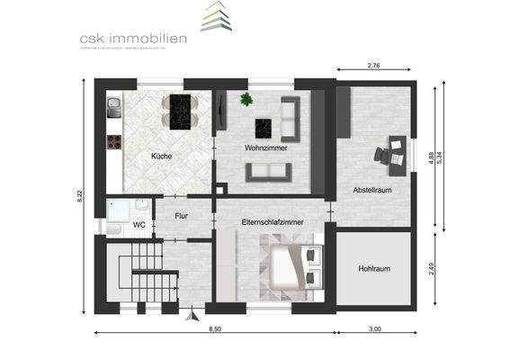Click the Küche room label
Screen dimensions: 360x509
pos(162,157)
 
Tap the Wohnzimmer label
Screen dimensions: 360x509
pos(266,148)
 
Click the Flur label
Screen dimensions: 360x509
pos(181,216)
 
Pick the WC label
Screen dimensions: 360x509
pos(139,224)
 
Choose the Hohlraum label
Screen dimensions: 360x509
pos(374,268)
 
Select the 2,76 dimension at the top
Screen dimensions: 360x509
pos(375,65)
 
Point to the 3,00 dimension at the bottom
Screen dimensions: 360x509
pos(374,329)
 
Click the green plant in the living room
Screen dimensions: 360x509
pos(246,100)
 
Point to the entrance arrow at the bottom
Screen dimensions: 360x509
pos(190,316)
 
